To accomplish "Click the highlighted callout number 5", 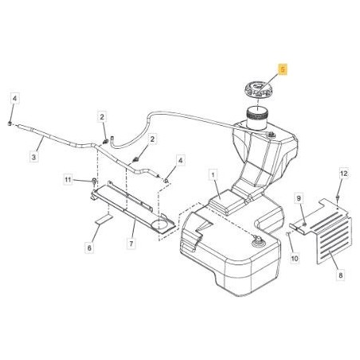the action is click(x=283, y=70).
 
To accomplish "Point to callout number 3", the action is click(x=33, y=157).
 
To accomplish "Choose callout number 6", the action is click(x=89, y=248).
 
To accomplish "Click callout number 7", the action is click(x=131, y=243).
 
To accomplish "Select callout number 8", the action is click(x=341, y=276).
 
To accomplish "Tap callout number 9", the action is click(x=299, y=198).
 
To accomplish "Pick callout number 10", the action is click(x=295, y=258).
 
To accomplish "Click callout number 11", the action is click(x=68, y=180).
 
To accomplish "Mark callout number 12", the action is click(x=343, y=174).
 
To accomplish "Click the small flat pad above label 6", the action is click(x=104, y=220).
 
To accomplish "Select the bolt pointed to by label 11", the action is click(x=94, y=182).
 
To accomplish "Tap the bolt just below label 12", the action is click(x=338, y=198).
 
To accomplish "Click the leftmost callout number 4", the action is click(x=15, y=99).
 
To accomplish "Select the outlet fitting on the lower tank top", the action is click(x=257, y=240).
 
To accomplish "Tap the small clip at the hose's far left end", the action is click(x=10, y=123).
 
